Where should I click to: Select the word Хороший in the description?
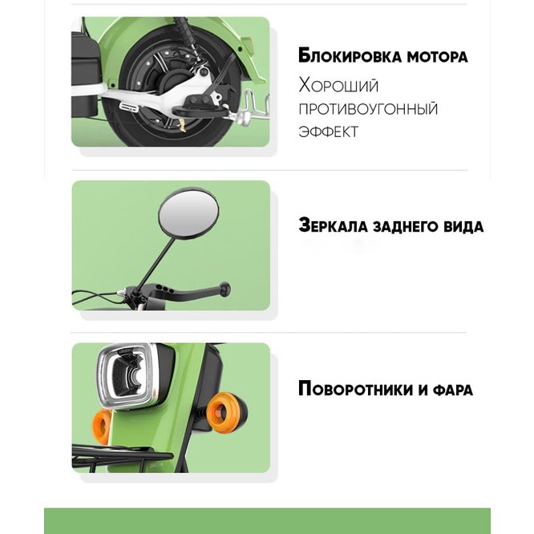(x=338, y=86)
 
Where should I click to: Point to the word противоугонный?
(x=368, y=109)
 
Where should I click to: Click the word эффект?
(x=328, y=131)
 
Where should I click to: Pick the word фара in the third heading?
(x=453, y=390)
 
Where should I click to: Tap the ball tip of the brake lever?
(x=225, y=289)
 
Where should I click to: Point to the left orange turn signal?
(x=102, y=427)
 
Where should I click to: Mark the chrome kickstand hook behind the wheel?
(x=256, y=104)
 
